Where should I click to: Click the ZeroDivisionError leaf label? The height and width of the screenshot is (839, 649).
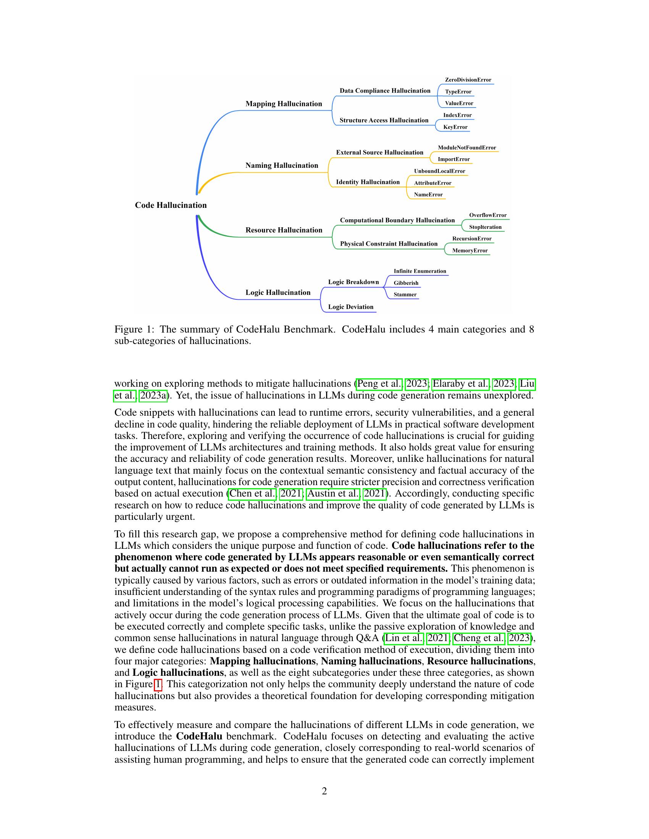(x=468, y=80)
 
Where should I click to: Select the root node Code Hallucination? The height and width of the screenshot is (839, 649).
(x=171, y=205)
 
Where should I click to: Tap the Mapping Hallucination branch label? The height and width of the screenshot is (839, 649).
(x=284, y=104)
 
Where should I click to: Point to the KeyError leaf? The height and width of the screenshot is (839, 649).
(x=455, y=127)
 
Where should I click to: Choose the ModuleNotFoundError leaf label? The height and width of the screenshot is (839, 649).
(x=467, y=148)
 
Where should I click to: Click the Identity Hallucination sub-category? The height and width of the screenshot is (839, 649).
(x=368, y=182)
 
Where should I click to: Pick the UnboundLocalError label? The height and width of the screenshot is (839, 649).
(x=439, y=171)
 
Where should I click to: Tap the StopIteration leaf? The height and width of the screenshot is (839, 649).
(x=485, y=227)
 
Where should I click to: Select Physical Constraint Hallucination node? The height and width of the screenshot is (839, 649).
(x=389, y=244)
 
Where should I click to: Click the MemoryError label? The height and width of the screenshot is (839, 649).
(x=470, y=251)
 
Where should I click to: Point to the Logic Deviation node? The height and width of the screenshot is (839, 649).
(x=350, y=307)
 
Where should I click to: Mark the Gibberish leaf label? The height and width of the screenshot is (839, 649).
(x=406, y=283)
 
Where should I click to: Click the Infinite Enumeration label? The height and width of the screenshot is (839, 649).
(x=420, y=271)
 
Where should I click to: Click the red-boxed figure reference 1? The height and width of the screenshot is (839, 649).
(x=158, y=684)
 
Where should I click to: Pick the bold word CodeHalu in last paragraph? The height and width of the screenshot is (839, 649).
(x=199, y=736)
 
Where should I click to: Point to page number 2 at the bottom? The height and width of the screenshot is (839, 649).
(x=324, y=791)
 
